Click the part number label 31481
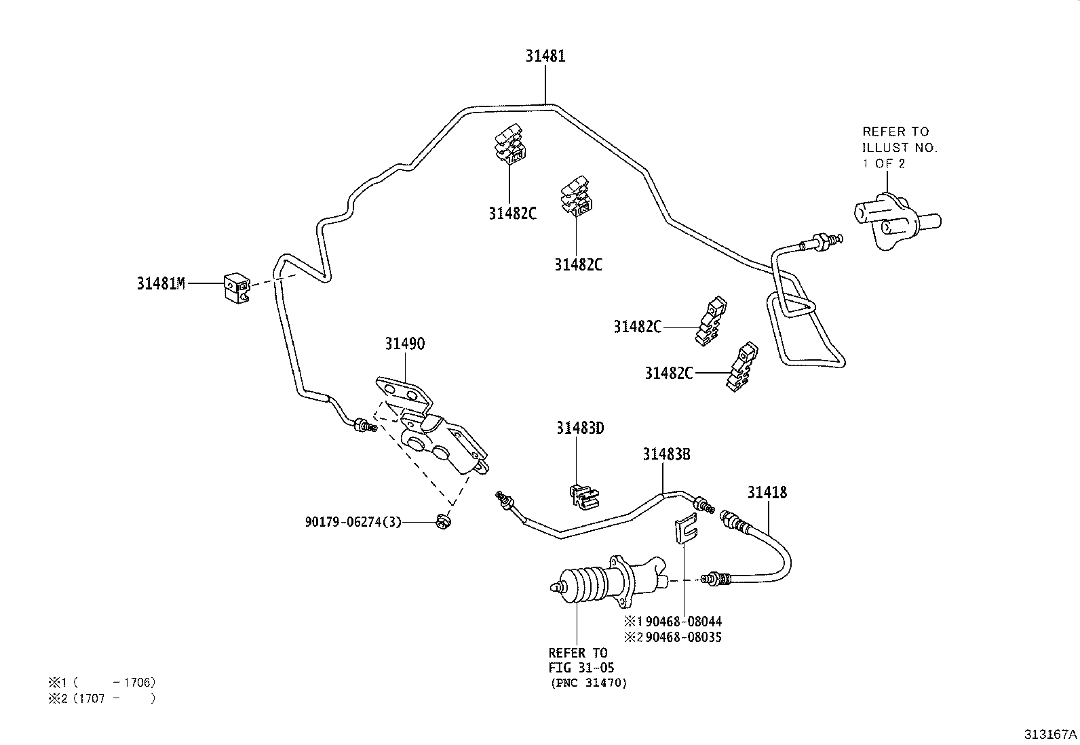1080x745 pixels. tap(545, 56)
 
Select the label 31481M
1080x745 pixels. tap(161, 284)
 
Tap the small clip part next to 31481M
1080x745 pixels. tap(235, 287)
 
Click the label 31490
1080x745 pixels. tap(404, 344)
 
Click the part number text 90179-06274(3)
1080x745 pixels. tap(353, 522)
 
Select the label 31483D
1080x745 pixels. tap(580, 428)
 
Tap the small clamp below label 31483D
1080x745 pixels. tap(583, 495)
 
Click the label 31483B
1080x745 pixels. tap(666, 454)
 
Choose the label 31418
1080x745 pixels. tap(767, 493)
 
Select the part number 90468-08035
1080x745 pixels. tap(683, 637)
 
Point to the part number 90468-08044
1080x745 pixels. tap(683, 621)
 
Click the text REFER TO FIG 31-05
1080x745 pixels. tap(578, 660)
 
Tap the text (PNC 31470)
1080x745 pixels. tap(587, 683)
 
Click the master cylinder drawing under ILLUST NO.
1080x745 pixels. tap(893, 221)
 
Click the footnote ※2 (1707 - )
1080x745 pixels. tap(102, 698)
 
